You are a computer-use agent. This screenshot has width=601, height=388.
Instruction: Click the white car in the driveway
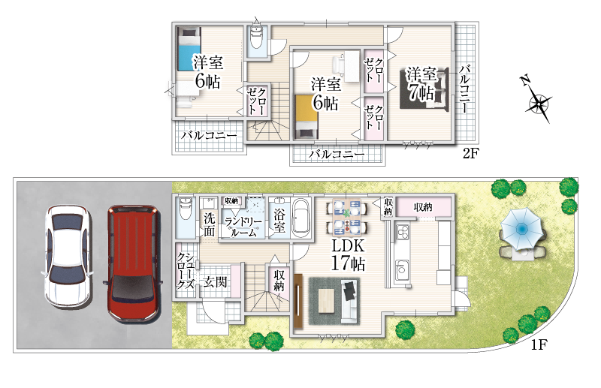coord(68,257)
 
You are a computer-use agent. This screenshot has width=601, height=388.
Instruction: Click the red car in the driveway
coord(133,263)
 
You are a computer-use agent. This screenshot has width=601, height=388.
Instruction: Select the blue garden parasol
coord(521,229)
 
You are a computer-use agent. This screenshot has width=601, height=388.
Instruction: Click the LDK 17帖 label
coord(348,254)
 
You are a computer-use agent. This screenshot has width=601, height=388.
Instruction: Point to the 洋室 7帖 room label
coord(421,84)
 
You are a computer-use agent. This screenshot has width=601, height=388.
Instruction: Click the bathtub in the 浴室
coord(302,217)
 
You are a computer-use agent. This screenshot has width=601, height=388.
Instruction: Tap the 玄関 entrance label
coord(215,282)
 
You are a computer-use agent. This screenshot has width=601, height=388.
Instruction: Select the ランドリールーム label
coord(243,227)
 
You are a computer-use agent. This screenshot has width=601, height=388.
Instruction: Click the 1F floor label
coord(539,344)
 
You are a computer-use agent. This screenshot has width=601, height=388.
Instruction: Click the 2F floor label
coord(471,153)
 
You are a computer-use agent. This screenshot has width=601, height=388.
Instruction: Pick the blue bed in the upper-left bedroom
coord(189,48)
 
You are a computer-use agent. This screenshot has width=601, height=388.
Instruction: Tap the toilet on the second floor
coord(255,38)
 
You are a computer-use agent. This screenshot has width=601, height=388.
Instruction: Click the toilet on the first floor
coord(186,209)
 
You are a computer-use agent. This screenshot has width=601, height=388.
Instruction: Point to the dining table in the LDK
coord(347,217)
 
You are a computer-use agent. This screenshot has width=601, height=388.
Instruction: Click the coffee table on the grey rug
coord(326,299)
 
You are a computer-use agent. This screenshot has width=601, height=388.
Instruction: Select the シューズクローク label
coord(185,271)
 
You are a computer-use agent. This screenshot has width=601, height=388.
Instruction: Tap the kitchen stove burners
coord(403,231)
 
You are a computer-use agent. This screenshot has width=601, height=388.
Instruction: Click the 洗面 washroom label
coord(209,225)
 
